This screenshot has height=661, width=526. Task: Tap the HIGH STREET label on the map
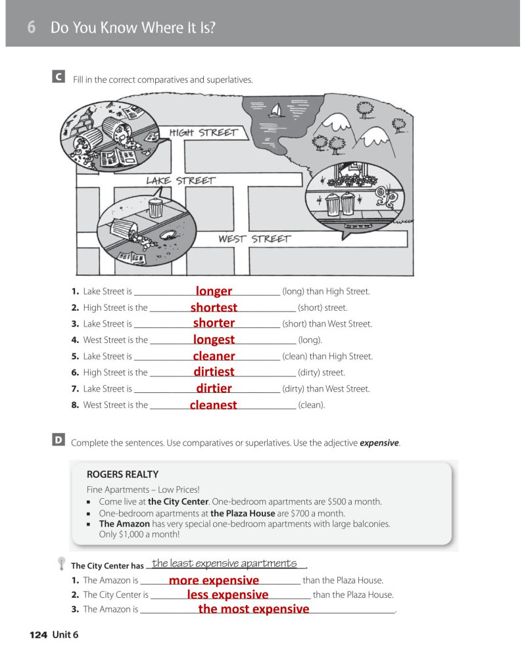pos(203,133)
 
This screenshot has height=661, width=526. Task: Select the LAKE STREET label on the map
pos(180,180)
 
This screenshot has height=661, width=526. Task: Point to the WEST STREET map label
pos(254,239)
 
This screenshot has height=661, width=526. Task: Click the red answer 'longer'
pos(214,291)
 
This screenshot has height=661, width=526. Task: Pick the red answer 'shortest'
pos(214,308)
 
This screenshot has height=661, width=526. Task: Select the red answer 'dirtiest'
pos(214,372)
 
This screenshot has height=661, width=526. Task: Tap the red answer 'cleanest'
pos(213,405)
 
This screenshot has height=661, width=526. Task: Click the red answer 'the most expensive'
pos(253,609)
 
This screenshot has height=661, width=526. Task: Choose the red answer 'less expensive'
pos(227,595)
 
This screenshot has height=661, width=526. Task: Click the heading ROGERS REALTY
pos(122,474)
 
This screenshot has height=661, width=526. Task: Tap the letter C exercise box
pos(59,78)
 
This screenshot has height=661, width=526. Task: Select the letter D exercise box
pos(59,441)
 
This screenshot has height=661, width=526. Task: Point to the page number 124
pos(38,634)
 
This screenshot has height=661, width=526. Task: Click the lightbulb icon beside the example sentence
pos(61,563)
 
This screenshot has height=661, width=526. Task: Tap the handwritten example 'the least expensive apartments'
pos(224,564)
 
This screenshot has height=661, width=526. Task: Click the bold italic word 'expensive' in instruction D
pos(379,443)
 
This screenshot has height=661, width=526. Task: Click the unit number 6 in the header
pos(31,28)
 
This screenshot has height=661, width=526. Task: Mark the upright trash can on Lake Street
pos(155,208)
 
